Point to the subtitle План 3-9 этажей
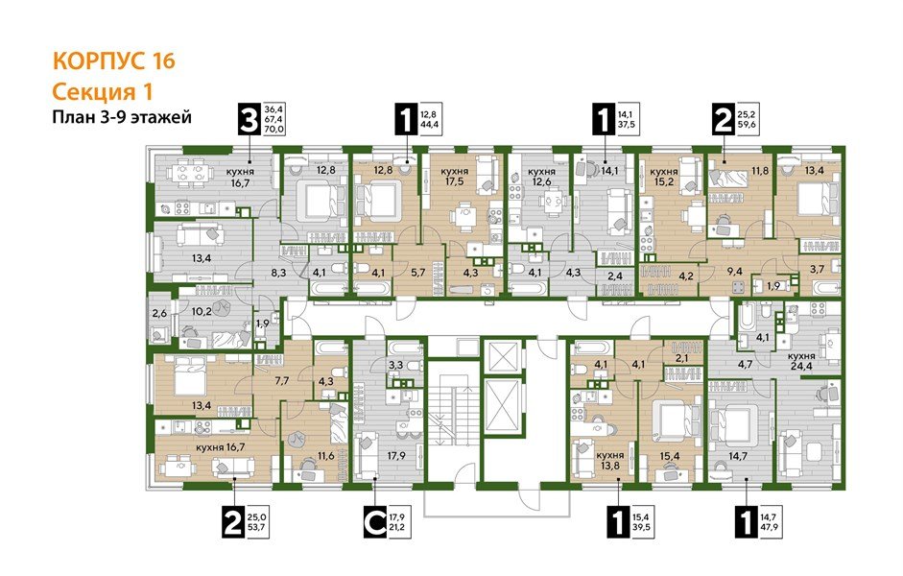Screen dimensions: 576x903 (121, 117)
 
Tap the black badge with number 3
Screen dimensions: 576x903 (250, 121)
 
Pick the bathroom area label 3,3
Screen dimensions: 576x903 (394, 366)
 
